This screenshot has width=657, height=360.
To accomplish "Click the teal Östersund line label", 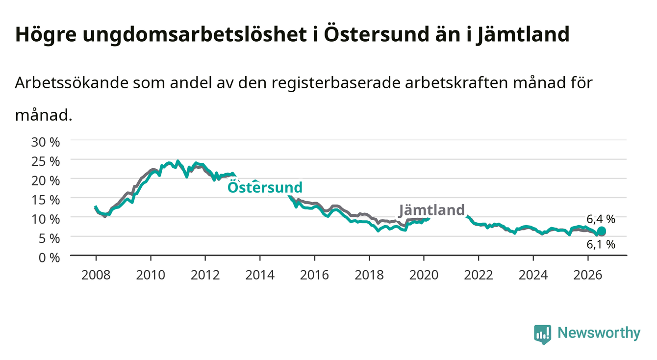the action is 265,187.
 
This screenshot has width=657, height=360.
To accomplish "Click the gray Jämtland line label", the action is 432,210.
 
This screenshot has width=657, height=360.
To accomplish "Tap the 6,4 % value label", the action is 601,219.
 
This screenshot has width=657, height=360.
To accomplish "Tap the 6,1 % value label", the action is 601,244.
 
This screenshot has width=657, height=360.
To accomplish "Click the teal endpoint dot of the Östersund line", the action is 602,231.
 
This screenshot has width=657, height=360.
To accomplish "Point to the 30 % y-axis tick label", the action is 46,142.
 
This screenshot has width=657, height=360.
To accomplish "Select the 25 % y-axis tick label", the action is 46,161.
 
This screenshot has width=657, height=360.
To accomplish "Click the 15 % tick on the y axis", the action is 46,200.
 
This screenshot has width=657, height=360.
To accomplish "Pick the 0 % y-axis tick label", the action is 49,257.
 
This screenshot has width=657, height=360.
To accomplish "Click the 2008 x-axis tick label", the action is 96,275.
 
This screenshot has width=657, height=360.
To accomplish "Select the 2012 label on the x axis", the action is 205,275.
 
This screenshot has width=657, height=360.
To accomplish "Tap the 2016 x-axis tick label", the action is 314,275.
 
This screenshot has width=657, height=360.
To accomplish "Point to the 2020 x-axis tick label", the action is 424,275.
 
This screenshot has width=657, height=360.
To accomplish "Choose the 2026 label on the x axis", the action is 588,275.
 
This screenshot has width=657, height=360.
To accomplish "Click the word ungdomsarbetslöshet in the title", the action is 195,35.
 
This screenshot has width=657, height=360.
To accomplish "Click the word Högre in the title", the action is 46,35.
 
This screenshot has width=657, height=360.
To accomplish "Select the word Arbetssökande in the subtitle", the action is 72,83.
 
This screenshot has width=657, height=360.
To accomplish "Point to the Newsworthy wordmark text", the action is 599,333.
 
